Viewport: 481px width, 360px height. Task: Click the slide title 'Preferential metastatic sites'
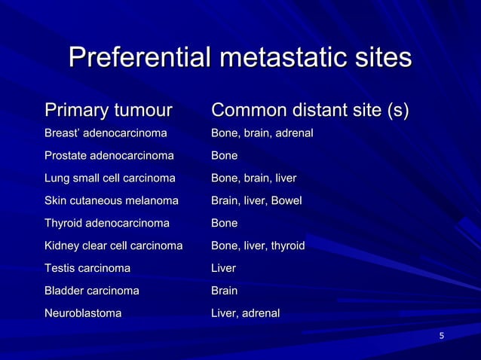(240, 58)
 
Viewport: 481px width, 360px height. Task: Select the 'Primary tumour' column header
(108, 111)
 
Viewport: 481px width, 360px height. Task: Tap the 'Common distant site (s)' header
(310, 111)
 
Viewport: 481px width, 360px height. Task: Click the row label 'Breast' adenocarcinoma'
(106, 133)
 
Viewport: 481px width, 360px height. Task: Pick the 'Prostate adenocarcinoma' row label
(109, 156)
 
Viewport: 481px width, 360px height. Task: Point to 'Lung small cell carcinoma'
(110, 178)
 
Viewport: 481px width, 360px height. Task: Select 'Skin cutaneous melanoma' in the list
(112, 201)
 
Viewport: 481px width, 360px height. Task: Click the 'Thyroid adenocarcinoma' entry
(107, 224)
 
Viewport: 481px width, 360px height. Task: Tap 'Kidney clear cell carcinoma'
(114, 246)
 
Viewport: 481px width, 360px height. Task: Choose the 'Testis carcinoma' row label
(87, 268)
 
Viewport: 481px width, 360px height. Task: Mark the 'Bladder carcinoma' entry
(92, 291)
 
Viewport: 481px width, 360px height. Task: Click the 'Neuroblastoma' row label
(83, 313)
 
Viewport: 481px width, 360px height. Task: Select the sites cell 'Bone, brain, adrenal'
(262, 133)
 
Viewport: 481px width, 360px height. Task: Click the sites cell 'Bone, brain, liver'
(253, 178)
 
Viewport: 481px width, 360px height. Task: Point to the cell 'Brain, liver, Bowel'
(256, 201)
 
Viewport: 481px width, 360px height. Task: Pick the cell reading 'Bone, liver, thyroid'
(258, 246)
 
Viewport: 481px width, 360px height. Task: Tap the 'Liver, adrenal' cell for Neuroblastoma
(245, 313)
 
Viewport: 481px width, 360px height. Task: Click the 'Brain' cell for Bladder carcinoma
(225, 291)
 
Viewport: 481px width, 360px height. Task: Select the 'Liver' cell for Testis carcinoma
(224, 268)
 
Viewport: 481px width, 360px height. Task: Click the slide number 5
(442, 335)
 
